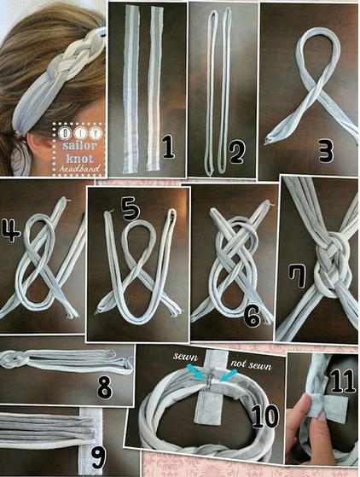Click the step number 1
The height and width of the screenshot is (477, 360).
point(168,148)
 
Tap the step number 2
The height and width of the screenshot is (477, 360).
point(236,150)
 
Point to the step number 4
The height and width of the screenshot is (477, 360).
point(10,231)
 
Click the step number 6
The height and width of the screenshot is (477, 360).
point(252,316)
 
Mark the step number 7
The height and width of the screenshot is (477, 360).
point(298,276)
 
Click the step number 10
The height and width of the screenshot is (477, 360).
point(265,416)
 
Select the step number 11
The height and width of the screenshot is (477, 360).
point(343,381)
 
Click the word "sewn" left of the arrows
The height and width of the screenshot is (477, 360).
point(185,356)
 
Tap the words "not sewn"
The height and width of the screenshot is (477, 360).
point(251,364)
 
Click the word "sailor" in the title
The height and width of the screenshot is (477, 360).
point(79,145)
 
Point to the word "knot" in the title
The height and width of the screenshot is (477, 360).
point(79,158)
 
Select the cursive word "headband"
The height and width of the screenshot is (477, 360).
point(79,168)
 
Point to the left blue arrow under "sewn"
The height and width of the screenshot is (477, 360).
point(195,372)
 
